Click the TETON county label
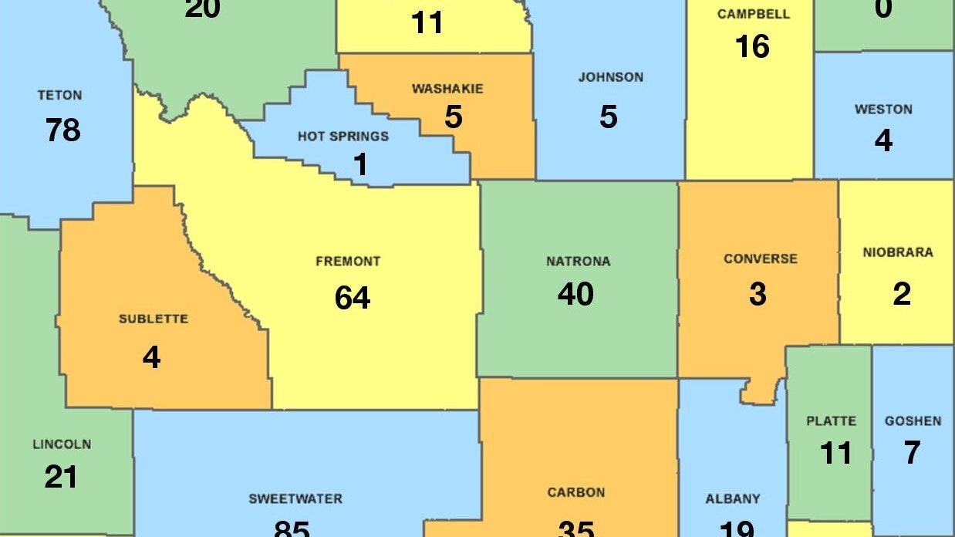[59, 96]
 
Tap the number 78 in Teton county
[62, 130]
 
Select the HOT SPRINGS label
[343, 137]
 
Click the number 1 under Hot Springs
[360, 164]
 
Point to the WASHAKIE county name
[447, 89]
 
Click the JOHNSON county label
[610, 77]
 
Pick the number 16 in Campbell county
[752, 47]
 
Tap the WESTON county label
[883, 110]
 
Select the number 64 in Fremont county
[353, 298]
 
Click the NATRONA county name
[578, 262]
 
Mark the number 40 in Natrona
[575, 294]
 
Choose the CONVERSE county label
[760, 258]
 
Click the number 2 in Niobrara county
[901, 294]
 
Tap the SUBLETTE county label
[153, 319]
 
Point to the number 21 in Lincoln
[61, 477]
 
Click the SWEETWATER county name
[295, 499]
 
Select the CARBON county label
[575, 492]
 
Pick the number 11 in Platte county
[835, 453]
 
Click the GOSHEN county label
[913, 421]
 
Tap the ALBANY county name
[732, 499]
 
